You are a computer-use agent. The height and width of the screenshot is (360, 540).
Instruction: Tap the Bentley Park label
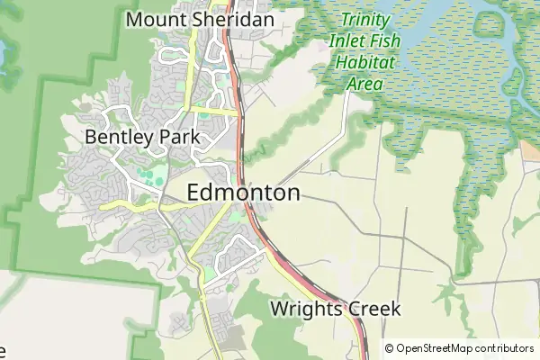142,137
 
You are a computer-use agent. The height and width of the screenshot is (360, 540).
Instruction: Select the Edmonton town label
243,193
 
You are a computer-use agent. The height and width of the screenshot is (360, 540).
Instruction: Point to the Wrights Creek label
335,310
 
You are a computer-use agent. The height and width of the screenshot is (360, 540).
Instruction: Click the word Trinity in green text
366,19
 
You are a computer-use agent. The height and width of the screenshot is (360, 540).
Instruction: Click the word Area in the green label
365,85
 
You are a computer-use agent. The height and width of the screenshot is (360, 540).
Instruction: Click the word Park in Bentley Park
179,137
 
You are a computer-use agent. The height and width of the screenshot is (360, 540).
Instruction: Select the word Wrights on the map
302,310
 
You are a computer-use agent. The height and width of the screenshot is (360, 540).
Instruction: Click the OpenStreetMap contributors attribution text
459,348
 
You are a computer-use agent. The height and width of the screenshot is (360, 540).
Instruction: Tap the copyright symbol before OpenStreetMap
389,348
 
